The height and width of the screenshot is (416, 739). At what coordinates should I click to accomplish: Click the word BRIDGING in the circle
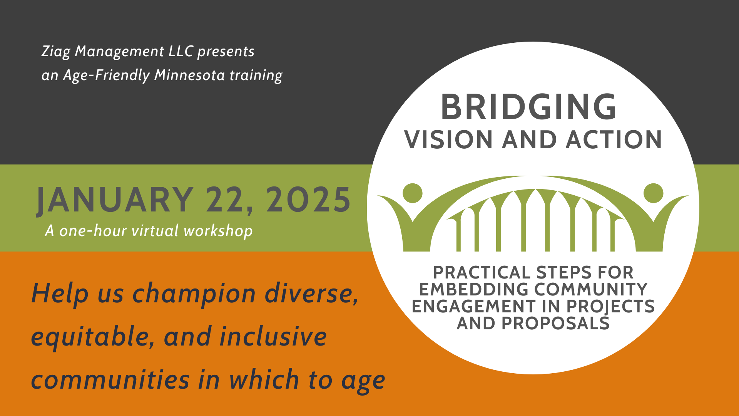point(529,107)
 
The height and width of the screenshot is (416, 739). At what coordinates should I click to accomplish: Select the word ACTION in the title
point(614,139)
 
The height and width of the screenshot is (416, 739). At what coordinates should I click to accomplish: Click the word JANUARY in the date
point(115,200)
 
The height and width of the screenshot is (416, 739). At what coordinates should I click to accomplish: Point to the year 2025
point(308,200)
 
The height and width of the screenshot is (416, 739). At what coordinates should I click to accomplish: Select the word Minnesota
point(189,75)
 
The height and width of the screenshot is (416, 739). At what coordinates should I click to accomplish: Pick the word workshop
point(218,231)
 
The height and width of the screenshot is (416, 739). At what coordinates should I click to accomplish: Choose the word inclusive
point(273,336)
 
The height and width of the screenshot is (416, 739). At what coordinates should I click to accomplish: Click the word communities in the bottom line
point(110,379)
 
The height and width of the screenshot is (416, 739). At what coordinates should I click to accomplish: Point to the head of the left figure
point(413,193)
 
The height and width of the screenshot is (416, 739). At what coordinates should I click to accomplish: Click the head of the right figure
point(654,193)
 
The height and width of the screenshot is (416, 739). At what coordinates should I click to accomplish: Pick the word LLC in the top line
point(181,51)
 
